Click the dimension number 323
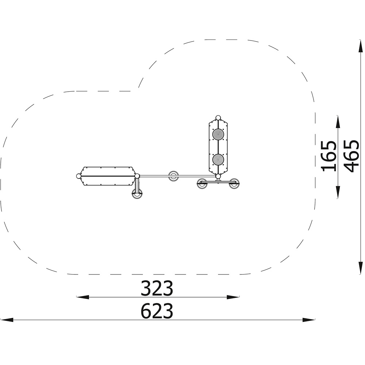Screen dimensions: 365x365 pos(157,288)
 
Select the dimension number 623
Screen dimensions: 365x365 pos(157,311)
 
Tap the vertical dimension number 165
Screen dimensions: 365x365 pos(329,156)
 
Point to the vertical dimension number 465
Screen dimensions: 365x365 pos(351,156)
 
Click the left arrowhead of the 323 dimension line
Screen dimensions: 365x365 pos(82,297)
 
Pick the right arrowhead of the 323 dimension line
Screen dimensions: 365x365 pos(233,297)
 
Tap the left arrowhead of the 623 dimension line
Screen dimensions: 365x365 pos(7,320)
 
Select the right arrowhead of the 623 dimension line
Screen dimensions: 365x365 pos(309,320)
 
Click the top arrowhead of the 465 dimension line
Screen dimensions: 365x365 pos(361,46)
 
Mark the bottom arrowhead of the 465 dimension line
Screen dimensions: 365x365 pos(361,268)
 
